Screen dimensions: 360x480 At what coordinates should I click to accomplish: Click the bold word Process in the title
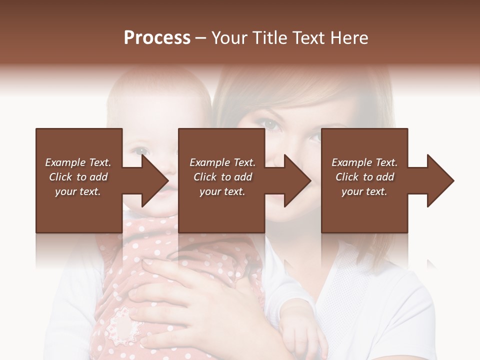click(x=157, y=38)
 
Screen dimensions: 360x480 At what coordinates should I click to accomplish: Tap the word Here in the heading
click(x=349, y=38)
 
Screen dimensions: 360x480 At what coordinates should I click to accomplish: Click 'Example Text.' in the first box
click(x=78, y=162)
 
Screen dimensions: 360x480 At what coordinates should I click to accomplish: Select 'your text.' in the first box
click(x=78, y=191)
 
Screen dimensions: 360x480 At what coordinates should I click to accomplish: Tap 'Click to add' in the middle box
click(x=222, y=177)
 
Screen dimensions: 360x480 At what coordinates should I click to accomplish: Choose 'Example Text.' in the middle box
click(x=222, y=162)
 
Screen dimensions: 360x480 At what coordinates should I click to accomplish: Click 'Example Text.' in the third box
click(x=364, y=162)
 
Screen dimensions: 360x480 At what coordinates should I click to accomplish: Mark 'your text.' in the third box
click(x=364, y=191)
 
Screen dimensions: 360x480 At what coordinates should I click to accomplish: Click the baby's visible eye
click(x=141, y=150)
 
